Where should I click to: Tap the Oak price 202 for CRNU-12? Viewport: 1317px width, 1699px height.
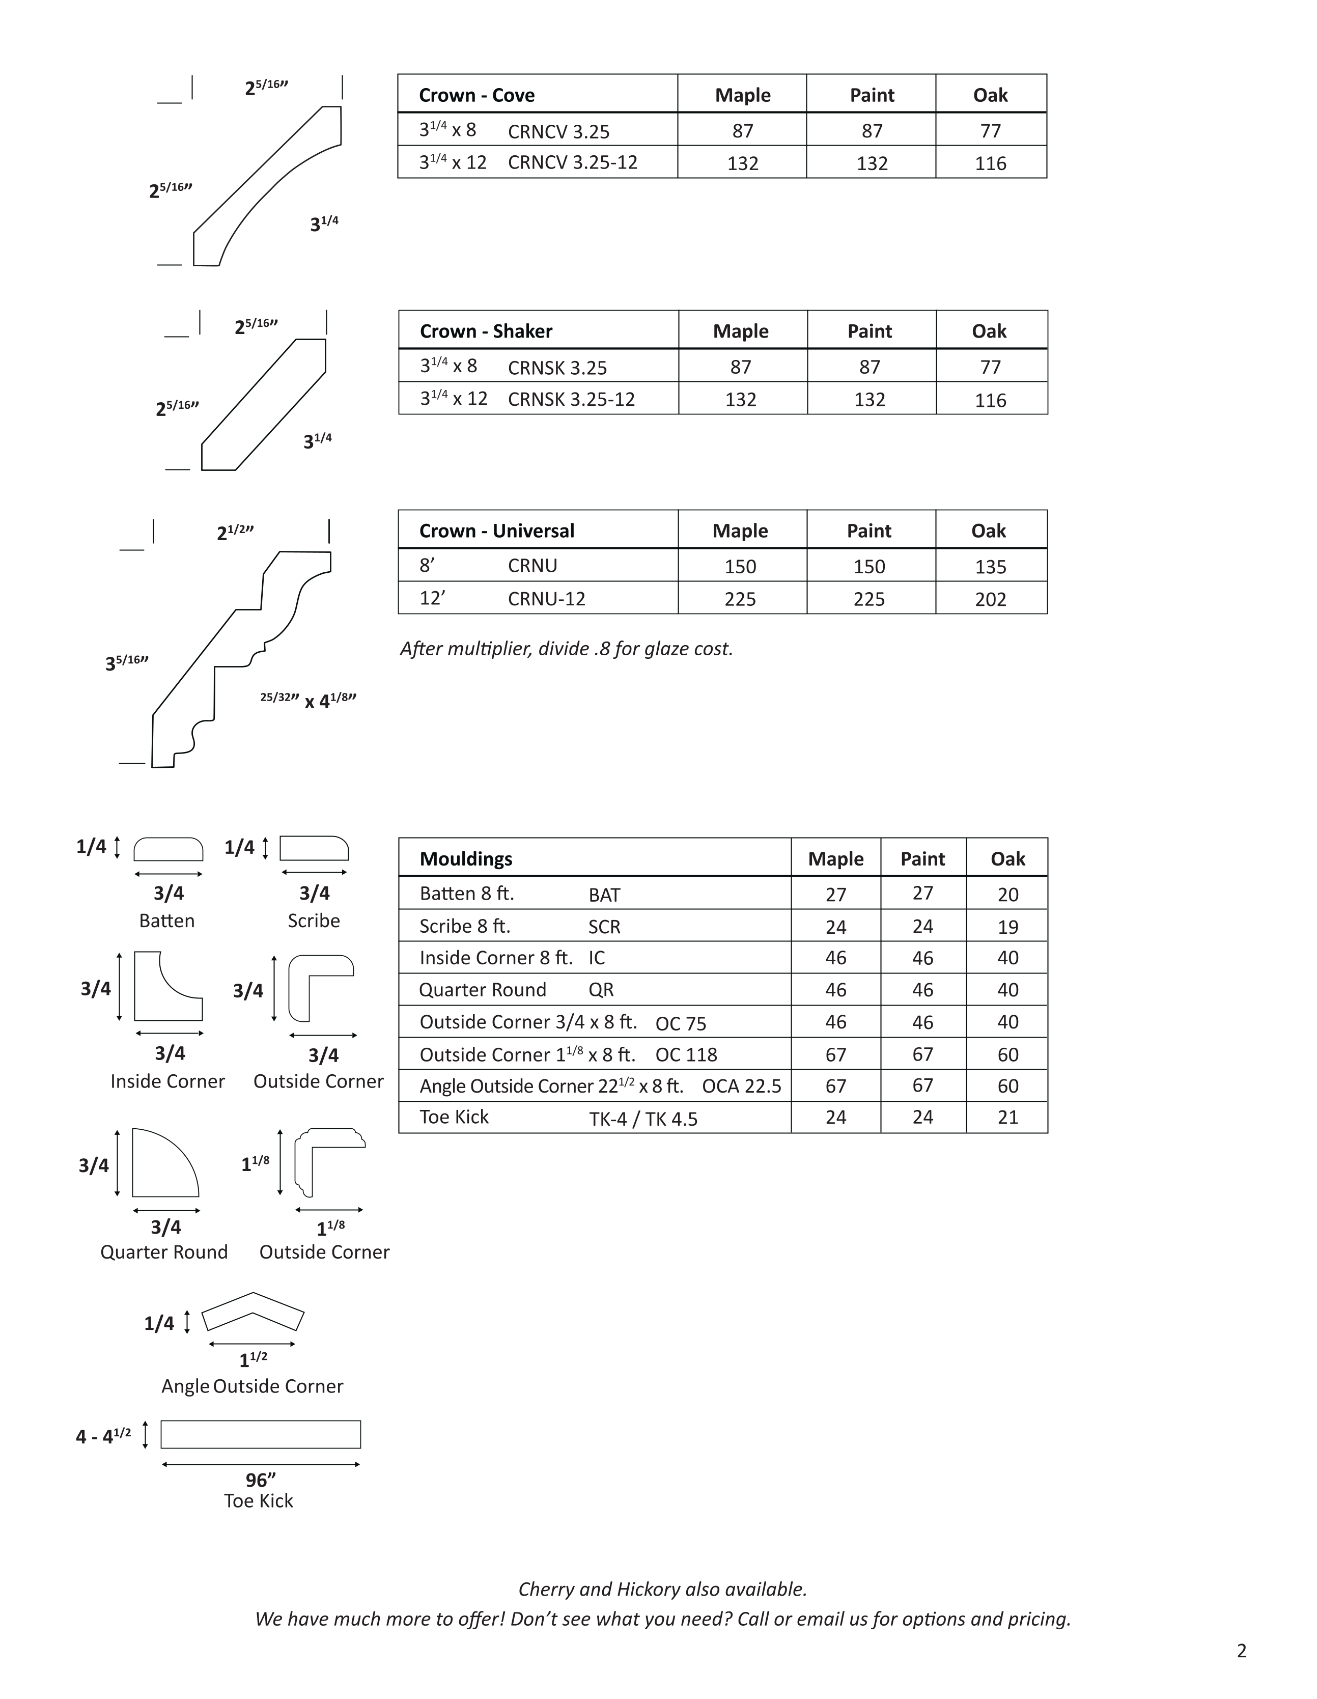[990, 599]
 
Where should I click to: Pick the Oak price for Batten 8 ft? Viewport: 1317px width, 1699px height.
[1007, 895]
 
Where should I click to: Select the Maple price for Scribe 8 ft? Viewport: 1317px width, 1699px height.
[835, 927]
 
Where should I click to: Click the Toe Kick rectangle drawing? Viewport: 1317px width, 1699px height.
[261, 1434]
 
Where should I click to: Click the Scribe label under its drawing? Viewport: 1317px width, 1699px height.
[314, 921]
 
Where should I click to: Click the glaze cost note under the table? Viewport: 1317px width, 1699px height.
[566, 648]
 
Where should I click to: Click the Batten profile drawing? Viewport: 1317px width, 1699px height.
[168, 849]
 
